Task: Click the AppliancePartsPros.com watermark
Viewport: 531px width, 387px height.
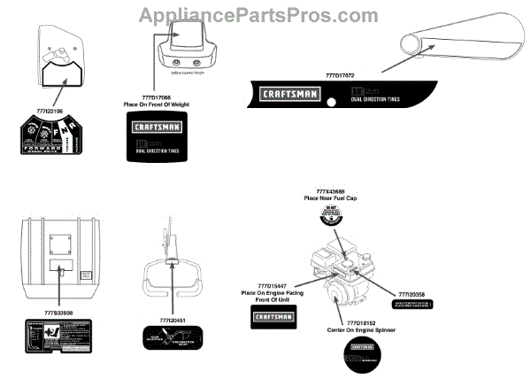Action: [x=265, y=15]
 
